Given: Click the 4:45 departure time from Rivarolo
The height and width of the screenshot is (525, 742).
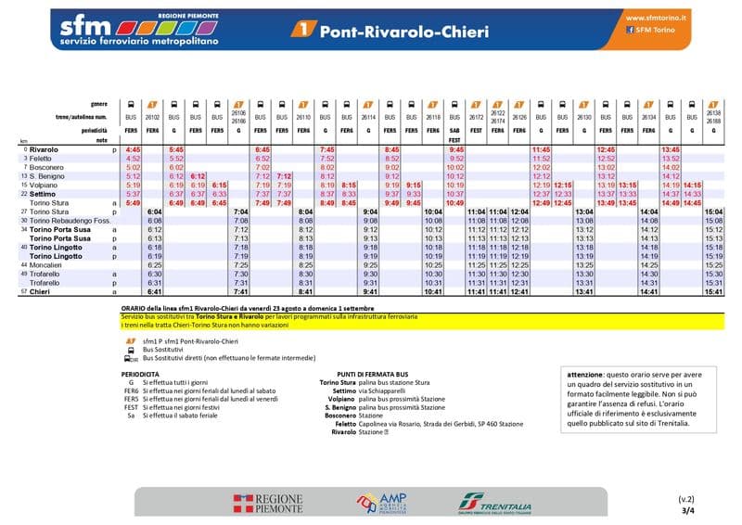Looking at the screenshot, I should pos(133,149).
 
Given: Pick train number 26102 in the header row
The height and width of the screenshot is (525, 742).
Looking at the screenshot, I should pos(154,119).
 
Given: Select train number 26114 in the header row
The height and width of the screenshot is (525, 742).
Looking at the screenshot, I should pos(369,119).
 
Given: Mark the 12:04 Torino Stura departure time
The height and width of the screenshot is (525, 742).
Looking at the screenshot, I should pos(519,211).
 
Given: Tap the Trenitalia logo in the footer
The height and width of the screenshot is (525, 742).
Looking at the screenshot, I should pos(495,504).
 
